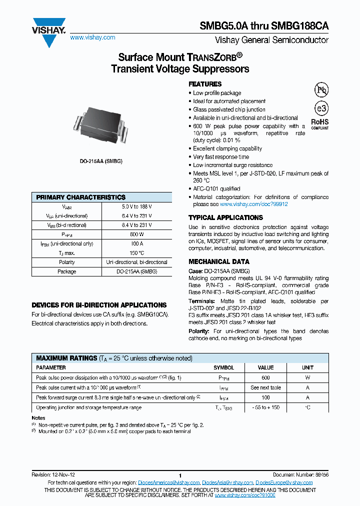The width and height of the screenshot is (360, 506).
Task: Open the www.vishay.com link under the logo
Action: [x=92, y=37]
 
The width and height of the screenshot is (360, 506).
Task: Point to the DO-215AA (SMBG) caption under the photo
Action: [x=101, y=161]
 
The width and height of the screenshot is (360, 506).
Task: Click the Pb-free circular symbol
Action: [x=320, y=90]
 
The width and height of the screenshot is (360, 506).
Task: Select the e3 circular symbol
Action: [x=320, y=109]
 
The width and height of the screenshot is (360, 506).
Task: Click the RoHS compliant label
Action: [x=320, y=123]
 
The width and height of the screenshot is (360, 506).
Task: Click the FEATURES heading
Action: [x=205, y=84]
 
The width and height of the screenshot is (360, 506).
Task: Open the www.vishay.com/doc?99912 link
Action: [x=254, y=204]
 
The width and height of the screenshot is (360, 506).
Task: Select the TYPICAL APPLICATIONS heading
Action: [x=225, y=217]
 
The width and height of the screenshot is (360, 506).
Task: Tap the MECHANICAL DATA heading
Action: [x=218, y=261]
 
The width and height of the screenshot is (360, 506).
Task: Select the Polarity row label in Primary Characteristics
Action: [x=67, y=262]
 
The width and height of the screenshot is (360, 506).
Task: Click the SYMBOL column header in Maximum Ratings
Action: [x=223, y=367]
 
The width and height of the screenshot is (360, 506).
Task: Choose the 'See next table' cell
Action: [x=265, y=387]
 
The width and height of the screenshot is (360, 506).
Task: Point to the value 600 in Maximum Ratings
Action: [x=265, y=377]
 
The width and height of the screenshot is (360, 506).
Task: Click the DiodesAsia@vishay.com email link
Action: [x=227, y=482]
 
